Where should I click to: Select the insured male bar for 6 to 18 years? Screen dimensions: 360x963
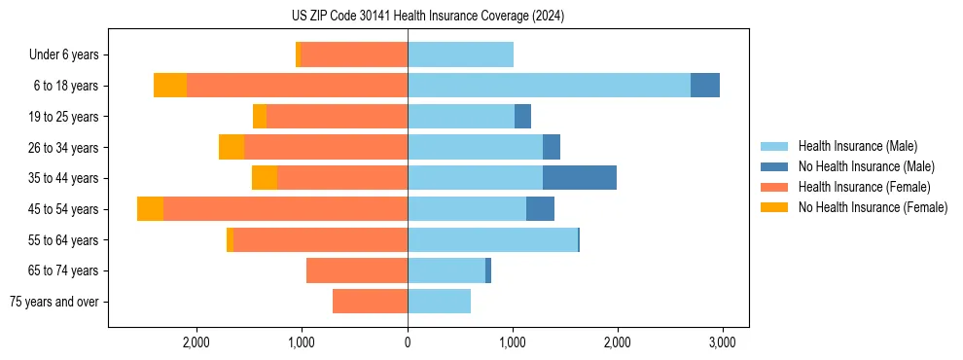(x=549, y=86)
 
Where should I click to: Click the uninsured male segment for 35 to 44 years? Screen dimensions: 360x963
(x=580, y=178)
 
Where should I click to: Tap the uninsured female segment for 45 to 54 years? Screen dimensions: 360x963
(x=150, y=209)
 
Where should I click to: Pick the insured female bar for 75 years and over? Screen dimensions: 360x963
(x=370, y=302)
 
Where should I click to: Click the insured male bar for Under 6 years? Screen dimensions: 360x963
(x=460, y=54)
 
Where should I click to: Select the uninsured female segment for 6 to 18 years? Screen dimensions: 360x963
(x=170, y=86)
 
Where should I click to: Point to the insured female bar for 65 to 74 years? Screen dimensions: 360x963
(x=357, y=270)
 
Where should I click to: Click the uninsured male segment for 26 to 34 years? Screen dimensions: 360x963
(x=552, y=147)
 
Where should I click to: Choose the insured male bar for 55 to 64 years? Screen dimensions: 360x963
(x=493, y=239)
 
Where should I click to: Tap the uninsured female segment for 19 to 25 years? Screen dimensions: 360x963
(x=260, y=117)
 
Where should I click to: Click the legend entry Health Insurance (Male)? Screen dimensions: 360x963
(x=857, y=146)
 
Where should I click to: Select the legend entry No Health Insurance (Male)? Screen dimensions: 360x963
(x=865, y=166)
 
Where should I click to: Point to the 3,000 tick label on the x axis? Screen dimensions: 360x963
(x=721, y=342)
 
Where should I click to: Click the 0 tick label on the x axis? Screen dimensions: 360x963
(x=408, y=342)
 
